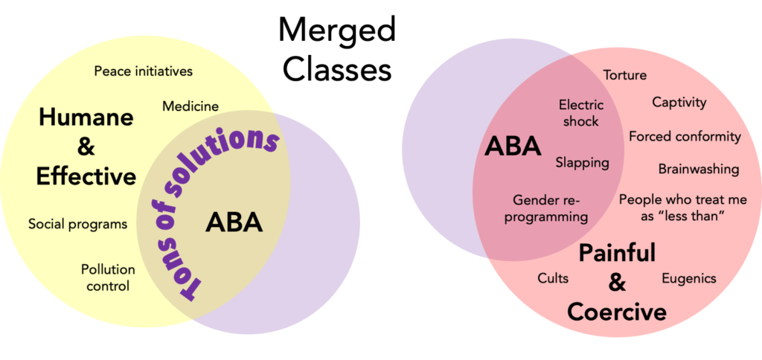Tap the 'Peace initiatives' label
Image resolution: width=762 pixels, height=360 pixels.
(x=144, y=71)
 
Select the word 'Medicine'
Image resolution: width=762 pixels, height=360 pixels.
(x=190, y=106)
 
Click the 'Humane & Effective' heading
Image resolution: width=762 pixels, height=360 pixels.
(x=86, y=147)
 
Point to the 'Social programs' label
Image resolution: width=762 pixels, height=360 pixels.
(x=77, y=224)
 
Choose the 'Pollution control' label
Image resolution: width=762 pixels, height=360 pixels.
(x=108, y=277)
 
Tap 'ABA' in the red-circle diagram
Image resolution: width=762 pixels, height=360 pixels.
(x=513, y=146)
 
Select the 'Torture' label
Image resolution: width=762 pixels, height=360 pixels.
(x=624, y=75)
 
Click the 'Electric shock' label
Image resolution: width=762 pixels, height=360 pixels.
(x=580, y=113)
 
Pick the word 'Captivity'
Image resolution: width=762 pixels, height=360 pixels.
(x=679, y=102)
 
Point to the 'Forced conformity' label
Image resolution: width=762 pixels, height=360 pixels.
(x=685, y=137)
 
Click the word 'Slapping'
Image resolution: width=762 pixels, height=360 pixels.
(x=582, y=162)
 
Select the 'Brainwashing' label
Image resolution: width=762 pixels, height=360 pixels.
(x=698, y=169)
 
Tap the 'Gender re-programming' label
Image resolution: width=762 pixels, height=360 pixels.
(x=550, y=208)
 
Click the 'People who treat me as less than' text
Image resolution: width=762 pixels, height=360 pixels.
(x=672, y=207)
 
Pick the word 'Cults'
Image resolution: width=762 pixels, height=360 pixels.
(x=553, y=278)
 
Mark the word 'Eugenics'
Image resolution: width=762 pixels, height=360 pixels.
(x=688, y=278)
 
